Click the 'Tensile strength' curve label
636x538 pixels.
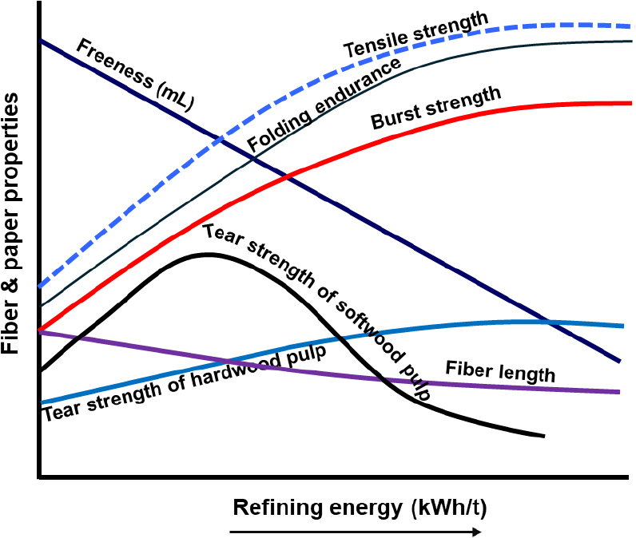(415, 36)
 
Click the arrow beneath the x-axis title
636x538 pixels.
(356, 531)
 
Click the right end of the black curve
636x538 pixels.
(543, 436)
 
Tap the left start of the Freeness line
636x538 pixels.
(40, 40)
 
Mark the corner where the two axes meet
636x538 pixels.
(39, 477)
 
